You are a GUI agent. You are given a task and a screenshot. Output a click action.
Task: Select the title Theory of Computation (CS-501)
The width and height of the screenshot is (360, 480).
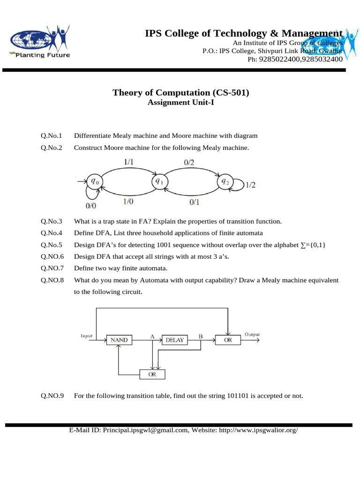click(x=180, y=92)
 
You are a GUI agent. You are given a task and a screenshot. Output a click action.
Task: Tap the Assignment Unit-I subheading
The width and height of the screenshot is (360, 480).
click(x=180, y=103)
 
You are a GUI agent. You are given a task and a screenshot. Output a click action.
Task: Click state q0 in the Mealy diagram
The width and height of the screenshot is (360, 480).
click(x=95, y=180)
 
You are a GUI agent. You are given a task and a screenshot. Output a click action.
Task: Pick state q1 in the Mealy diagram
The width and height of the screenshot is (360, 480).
click(x=158, y=181)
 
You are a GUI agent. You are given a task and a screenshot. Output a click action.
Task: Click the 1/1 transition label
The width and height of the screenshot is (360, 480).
click(x=129, y=161)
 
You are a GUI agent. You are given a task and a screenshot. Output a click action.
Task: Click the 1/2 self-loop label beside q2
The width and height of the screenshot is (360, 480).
click(x=250, y=185)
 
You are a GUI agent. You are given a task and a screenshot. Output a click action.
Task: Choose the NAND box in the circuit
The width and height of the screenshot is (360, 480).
click(x=119, y=340)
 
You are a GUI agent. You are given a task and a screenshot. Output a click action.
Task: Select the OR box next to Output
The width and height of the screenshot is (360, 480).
click(x=228, y=340)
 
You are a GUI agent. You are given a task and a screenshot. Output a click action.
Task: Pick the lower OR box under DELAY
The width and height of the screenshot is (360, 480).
click(x=152, y=375)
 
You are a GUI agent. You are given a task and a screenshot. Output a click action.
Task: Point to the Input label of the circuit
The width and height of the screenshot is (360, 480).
click(x=87, y=336)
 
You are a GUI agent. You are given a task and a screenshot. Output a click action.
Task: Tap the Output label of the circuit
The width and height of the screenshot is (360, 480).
click(x=252, y=335)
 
